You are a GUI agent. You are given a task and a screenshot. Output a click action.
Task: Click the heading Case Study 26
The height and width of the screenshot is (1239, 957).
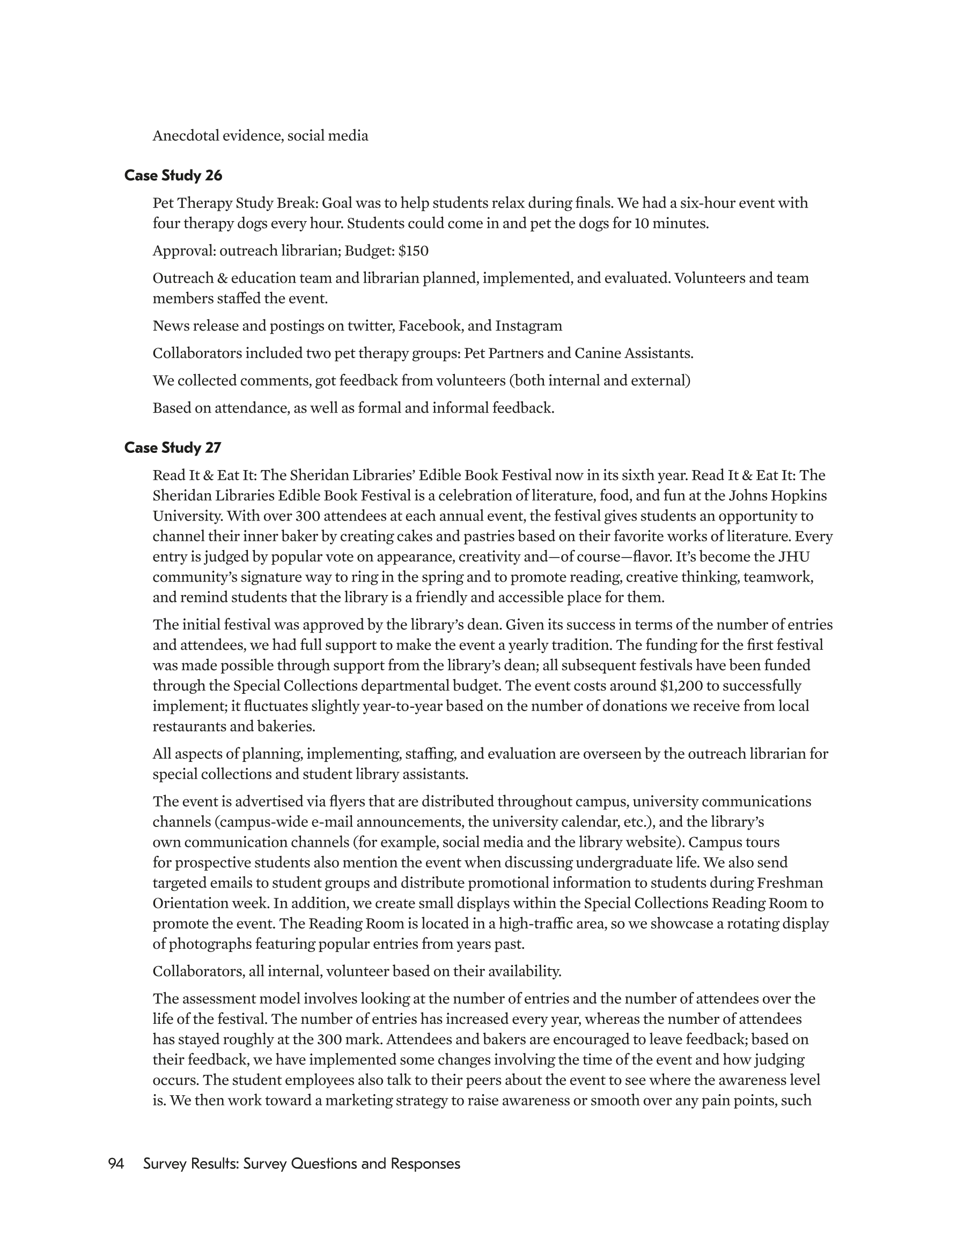click(173, 176)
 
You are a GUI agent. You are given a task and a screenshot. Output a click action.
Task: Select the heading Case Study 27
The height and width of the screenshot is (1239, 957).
click(172, 448)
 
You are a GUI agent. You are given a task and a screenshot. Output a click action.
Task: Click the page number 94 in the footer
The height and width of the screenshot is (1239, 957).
click(116, 1164)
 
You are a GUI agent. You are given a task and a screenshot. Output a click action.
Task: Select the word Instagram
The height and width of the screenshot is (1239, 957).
click(529, 326)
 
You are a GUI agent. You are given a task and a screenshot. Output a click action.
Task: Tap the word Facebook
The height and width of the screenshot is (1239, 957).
click(430, 326)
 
